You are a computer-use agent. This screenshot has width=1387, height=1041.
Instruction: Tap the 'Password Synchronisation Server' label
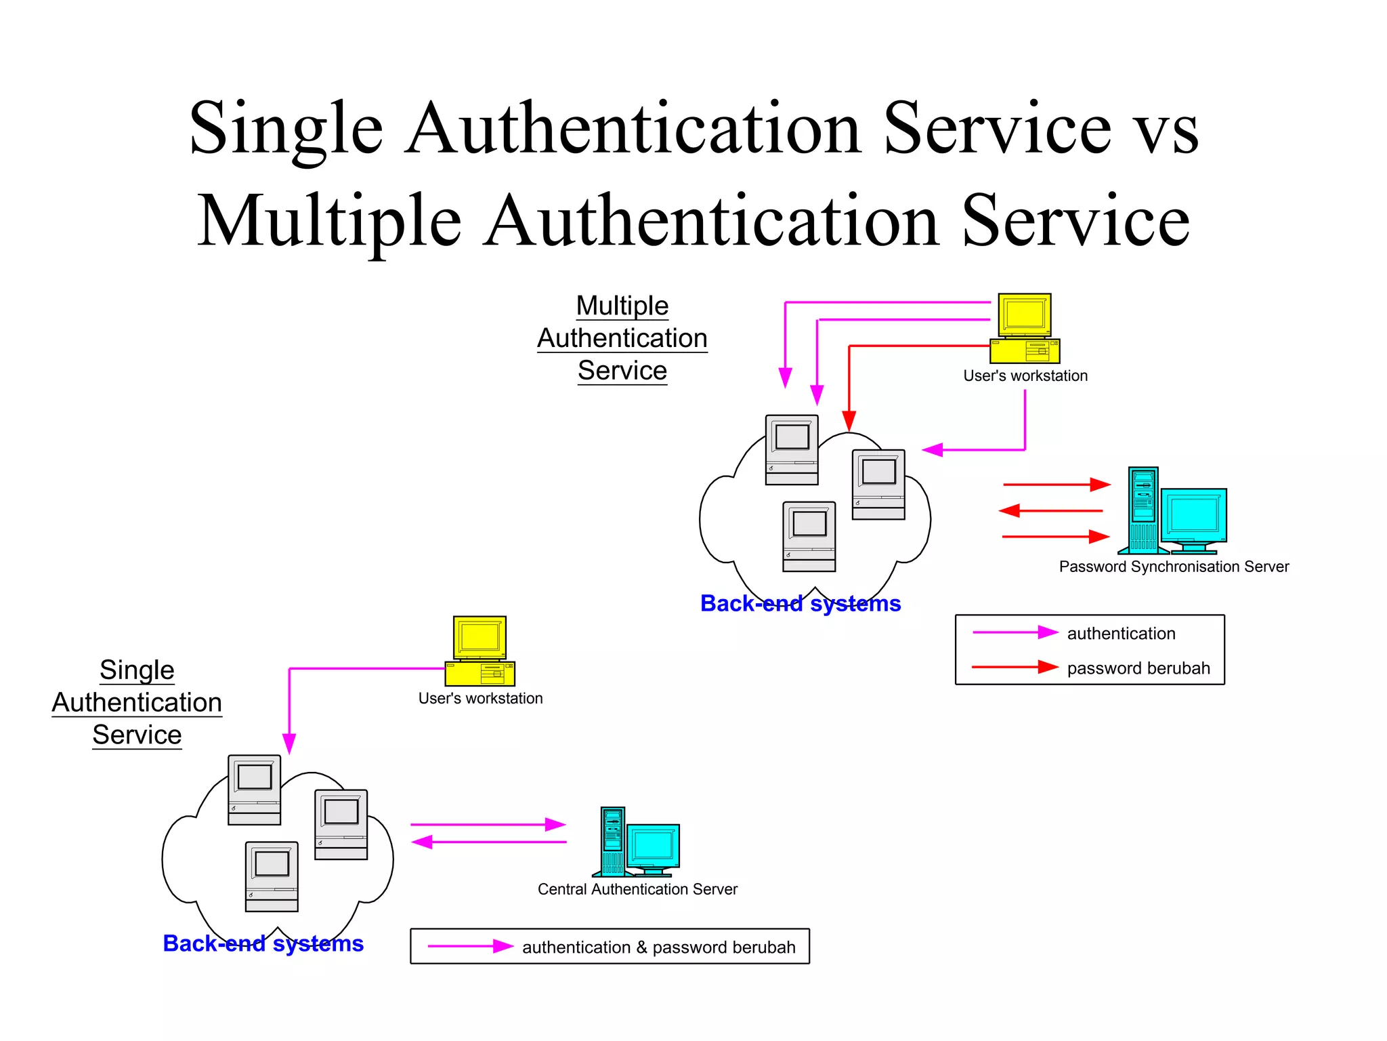(1174, 567)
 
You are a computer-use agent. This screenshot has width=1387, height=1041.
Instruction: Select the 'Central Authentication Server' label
(637, 889)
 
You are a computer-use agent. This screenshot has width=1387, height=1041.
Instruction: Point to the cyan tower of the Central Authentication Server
(613, 840)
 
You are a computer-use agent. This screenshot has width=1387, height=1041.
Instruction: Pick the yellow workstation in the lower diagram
(479, 651)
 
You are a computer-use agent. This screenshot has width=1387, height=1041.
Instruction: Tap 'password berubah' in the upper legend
(1138, 668)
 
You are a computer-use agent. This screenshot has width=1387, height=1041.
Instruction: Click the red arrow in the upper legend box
(1014, 668)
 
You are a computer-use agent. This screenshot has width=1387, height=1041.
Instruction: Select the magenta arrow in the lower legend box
(470, 946)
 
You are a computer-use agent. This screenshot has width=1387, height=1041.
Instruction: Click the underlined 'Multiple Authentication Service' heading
(622, 338)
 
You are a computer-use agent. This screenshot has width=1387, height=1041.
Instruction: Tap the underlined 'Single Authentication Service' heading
(137, 703)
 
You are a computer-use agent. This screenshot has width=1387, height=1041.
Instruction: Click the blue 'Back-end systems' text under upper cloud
(801, 603)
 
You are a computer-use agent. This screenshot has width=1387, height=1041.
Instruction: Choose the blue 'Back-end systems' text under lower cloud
(263, 943)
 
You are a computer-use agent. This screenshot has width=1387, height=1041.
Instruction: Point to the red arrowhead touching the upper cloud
(849, 421)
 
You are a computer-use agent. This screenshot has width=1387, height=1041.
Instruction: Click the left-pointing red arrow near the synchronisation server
(1051, 510)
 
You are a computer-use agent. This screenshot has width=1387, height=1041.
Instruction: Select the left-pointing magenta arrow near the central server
(488, 842)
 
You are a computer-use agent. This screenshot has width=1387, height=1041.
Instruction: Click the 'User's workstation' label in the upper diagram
(1025, 375)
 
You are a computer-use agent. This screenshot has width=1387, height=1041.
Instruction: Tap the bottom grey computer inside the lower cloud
(272, 876)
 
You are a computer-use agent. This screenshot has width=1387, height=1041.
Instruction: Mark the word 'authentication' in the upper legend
(1121, 633)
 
